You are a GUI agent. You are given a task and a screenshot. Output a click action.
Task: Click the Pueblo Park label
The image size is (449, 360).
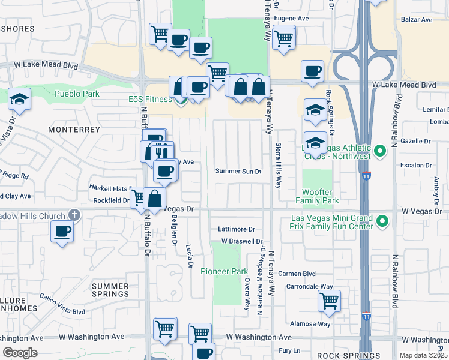point(77,94)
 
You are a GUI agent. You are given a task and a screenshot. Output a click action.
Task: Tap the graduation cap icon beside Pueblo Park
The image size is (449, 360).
point(20,100)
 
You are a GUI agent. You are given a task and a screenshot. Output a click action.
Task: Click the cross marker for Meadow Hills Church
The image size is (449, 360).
point(74,214)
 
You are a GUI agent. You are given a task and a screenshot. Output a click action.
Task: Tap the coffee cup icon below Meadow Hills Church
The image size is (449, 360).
point(62,232)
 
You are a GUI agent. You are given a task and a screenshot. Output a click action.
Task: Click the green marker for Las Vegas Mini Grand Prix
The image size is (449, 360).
point(380,223)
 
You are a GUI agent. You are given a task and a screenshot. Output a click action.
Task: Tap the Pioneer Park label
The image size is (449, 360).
point(224,271)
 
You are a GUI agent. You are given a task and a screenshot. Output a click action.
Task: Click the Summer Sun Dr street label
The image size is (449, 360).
point(238,172)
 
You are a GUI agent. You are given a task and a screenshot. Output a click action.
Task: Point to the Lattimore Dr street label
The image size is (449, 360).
point(237,229)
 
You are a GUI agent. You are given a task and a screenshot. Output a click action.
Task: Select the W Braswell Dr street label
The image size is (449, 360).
point(243,241)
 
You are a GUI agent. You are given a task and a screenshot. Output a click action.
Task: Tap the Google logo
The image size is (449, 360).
point(20,353)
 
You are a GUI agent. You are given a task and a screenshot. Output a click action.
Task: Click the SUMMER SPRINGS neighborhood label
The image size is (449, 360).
point(111,290)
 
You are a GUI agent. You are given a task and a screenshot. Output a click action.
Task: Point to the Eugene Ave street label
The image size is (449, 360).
point(291,19)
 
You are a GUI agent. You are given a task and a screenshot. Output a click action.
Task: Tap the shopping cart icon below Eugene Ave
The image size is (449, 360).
point(283,39)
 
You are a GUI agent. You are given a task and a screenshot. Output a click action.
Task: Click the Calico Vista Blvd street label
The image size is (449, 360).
point(62,304)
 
